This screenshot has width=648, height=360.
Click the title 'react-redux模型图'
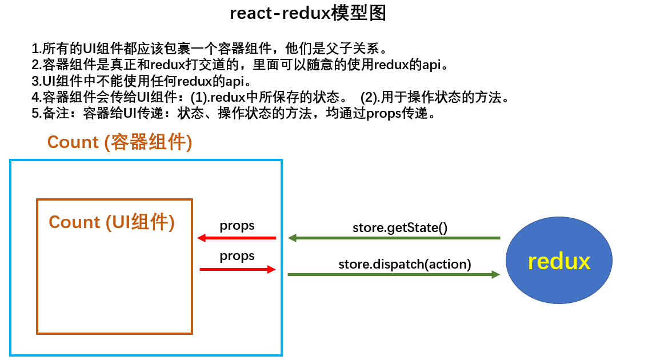(x=308, y=13)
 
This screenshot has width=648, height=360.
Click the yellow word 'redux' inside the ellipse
(x=558, y=262)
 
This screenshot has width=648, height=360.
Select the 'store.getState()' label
(x=399, y=227)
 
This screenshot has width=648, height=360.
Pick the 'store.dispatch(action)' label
(x=405, y=264)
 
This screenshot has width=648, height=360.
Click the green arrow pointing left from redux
(x=394, y=238)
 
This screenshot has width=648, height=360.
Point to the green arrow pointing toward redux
(x=394, y=275)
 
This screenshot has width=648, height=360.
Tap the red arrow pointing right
(x=238, y=269)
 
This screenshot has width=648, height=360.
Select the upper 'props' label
(x=237, y=226)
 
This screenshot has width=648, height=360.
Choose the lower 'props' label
(x=237, y=256)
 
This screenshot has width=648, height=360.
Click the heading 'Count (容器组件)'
(x=119, y=142)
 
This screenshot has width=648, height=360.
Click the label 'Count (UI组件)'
(x=111, y=222)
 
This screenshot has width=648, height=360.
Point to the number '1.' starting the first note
(x=37, y=48)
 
